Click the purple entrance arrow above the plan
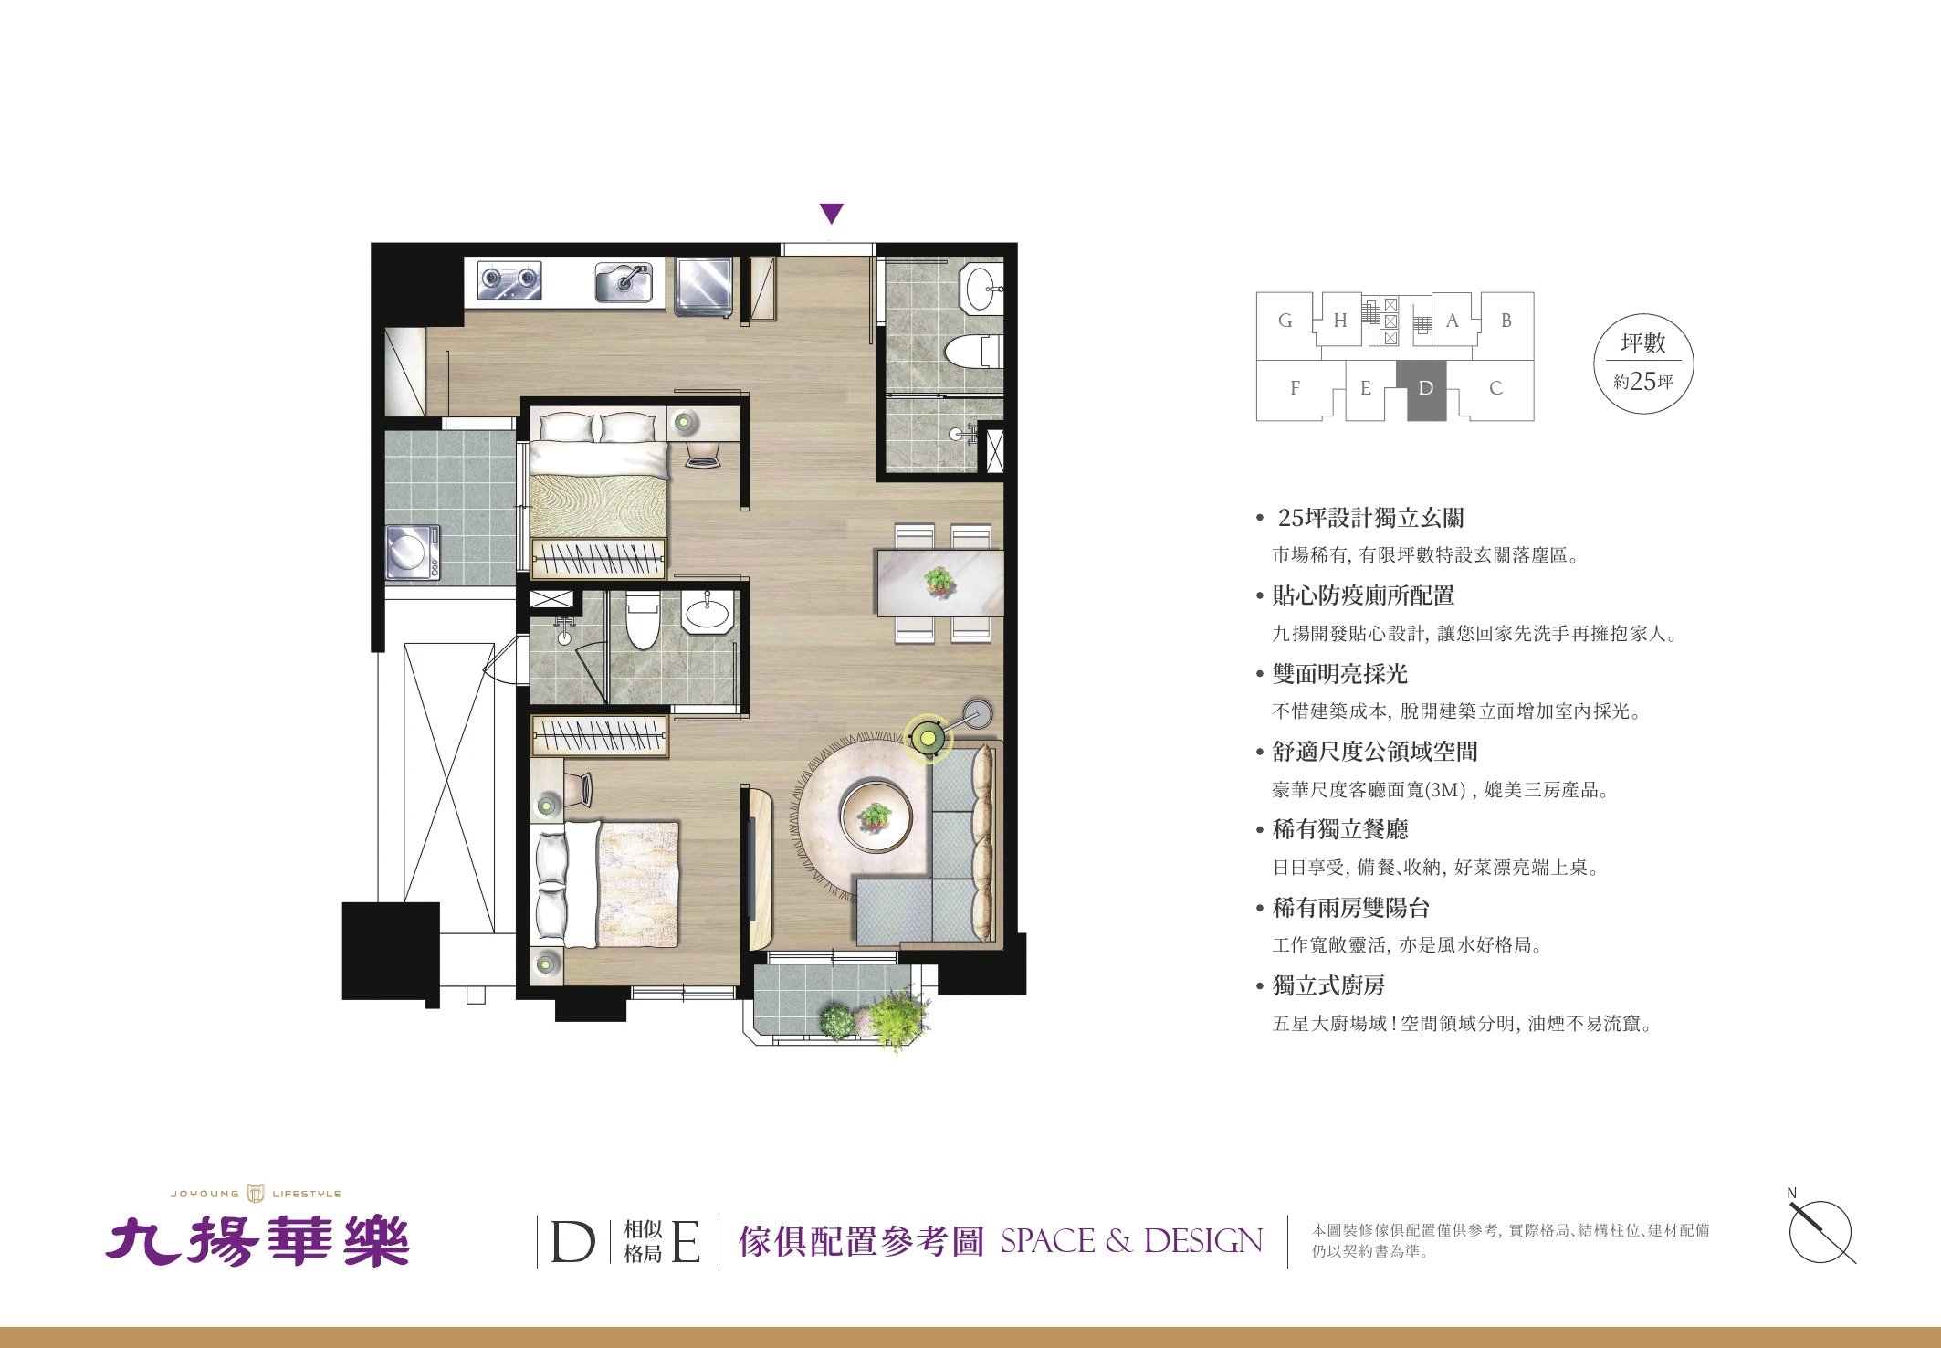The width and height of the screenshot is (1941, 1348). [831, 214]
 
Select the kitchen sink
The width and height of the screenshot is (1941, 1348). [625, 281]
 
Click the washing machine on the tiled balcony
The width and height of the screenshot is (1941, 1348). [413, 552]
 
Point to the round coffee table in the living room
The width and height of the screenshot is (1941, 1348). [876, 816]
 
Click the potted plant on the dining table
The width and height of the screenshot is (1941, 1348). [939, 581]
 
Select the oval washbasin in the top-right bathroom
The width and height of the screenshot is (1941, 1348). [982, 288]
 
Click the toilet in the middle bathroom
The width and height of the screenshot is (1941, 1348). [644, 619]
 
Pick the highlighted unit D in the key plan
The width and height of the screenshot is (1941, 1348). [1426, 389]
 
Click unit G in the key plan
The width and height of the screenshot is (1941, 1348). [1285, 321]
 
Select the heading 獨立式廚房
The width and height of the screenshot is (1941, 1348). [1328, 985]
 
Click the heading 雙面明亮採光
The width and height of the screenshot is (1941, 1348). [1340, 674]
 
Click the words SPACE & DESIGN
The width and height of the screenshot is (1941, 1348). [1132, 1241]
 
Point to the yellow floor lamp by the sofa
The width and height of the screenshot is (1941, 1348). [929, 737]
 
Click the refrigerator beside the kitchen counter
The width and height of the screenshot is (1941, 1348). [704, 286]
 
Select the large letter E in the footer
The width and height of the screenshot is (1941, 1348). [686, 1242]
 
